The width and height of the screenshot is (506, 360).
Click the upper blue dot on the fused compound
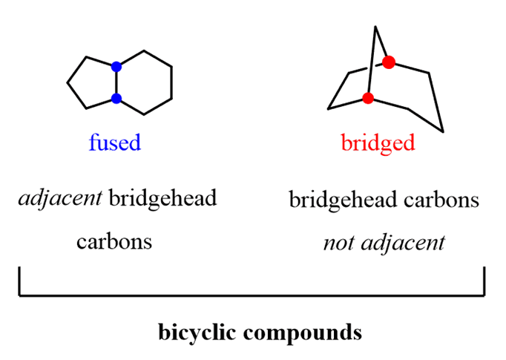coord(116,67)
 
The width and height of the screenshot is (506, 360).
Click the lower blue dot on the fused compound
coord(116,98)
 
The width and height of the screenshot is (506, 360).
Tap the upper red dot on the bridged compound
coord(388,61)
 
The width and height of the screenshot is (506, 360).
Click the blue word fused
coord(114,142)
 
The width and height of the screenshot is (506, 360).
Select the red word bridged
coord(378,142)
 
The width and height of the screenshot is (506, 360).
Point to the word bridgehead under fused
coord(162,199)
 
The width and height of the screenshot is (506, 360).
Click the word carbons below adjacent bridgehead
coord(114,241)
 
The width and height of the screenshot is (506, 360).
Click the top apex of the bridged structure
coord(376,27)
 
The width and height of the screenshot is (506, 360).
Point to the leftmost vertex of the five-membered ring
coord(68,82)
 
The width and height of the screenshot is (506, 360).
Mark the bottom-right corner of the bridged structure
coord(443,132)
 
